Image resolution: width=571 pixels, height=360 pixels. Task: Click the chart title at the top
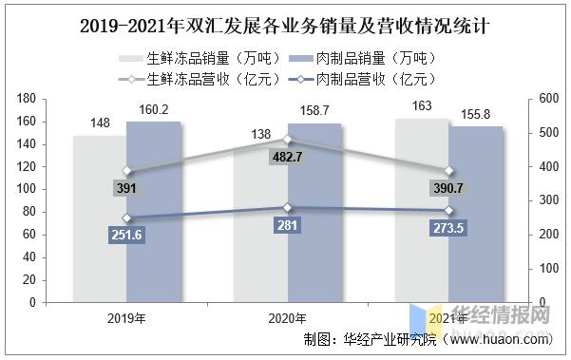tap(285, 18)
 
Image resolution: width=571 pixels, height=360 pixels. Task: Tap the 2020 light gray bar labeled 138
tap(261, 233)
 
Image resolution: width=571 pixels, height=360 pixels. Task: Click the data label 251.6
tap(126, 234)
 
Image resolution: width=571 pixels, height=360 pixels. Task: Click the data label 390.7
tap(448, 188)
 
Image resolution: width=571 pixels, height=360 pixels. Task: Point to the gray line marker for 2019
tap(126, 172)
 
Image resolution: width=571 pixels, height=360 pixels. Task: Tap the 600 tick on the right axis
tap(546, 99)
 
